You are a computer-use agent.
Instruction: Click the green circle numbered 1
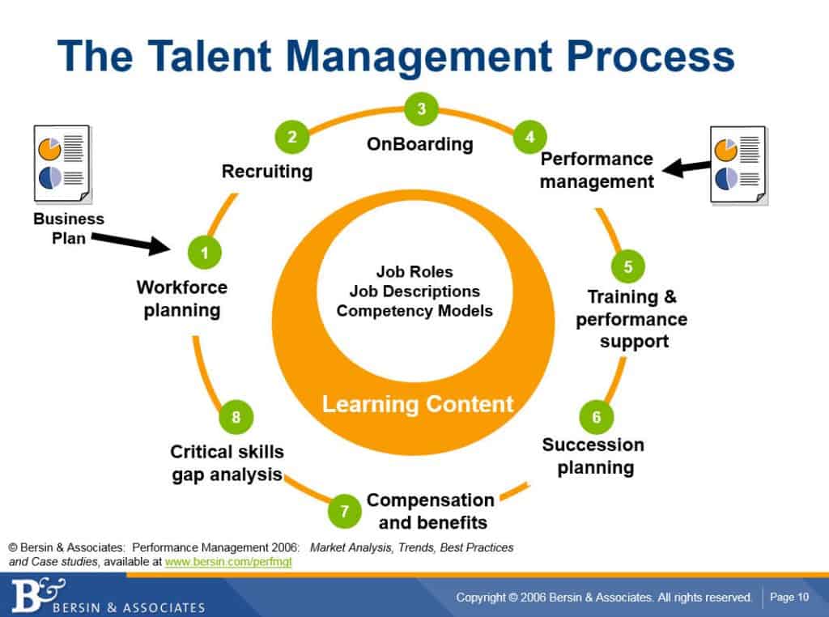tap(205, 253)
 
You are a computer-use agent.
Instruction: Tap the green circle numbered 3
tap(421, 109)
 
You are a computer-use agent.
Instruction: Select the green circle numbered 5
tap(628, 266)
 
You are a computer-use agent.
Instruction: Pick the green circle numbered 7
tap(345, 511)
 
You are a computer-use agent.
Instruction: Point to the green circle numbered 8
tap(236, 418)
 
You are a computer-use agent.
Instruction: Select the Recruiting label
tap(267, 171)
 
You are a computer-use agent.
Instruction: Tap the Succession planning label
tap(594, 456)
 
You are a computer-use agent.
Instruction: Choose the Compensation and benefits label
tap(430, 510)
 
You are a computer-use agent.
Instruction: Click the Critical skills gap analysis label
tap(227, 463)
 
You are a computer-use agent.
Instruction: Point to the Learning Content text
tap(418, 403)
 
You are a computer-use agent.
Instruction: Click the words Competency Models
tap(414, 310)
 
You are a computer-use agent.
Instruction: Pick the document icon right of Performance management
tap(738, 164)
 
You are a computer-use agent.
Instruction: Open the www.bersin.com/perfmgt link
tap(227, 561)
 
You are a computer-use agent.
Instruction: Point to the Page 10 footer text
tap(789, 598)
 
